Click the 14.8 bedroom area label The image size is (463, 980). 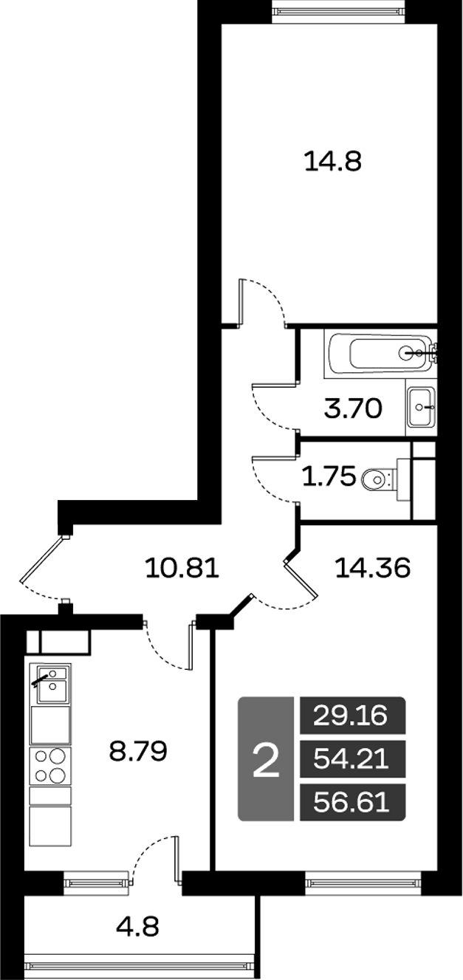332,160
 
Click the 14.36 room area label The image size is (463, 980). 371,568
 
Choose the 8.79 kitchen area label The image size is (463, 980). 138,753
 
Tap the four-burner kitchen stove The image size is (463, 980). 50,765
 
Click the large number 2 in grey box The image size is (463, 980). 266,760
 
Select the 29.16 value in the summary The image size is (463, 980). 351,715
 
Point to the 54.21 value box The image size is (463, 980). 351,758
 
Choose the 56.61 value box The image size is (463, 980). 351,801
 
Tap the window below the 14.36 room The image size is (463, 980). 363,880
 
